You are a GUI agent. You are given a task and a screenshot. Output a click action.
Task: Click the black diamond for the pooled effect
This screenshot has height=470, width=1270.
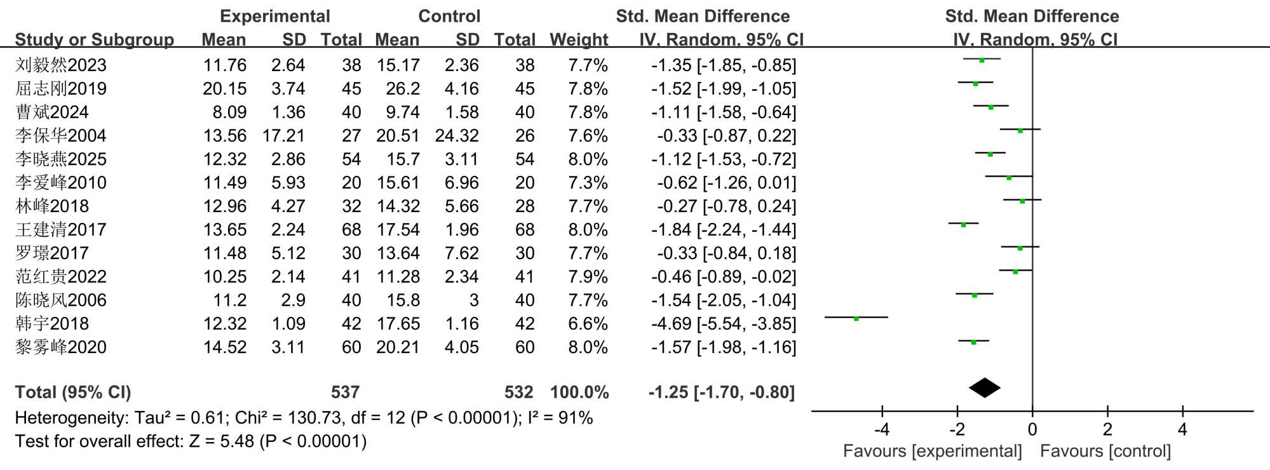984,388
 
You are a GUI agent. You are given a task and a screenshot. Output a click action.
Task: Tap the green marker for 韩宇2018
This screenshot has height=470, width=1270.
856,318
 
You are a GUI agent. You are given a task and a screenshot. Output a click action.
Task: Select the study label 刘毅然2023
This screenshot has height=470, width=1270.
61,65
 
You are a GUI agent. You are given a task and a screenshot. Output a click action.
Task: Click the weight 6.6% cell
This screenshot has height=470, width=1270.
588,324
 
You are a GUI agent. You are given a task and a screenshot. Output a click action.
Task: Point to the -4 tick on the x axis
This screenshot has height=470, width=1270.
882,430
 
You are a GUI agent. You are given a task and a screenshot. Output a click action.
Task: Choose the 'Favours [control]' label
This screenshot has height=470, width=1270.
1105,452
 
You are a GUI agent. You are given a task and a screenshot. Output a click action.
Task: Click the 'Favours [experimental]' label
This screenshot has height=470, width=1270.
932,452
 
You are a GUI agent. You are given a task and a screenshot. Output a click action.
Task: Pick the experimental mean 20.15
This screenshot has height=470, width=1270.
224,89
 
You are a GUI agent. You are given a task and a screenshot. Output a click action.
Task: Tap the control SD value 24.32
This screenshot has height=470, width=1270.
457,136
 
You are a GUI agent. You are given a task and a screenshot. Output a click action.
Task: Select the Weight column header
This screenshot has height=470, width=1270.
579,40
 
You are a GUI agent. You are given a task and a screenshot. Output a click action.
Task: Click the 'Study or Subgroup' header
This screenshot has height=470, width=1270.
94,40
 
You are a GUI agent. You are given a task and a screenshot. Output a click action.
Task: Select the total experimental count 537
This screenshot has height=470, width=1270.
345,393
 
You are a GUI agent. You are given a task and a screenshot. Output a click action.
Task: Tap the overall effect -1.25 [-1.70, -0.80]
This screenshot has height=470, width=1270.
721,393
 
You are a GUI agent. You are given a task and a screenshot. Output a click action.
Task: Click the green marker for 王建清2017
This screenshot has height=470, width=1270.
963,224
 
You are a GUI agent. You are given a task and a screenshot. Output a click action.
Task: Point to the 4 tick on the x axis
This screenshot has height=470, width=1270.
1182,430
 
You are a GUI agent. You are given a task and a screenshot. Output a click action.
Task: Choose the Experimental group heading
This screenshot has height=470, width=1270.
274,17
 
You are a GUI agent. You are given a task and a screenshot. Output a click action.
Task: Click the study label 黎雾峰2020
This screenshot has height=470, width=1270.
61,347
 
